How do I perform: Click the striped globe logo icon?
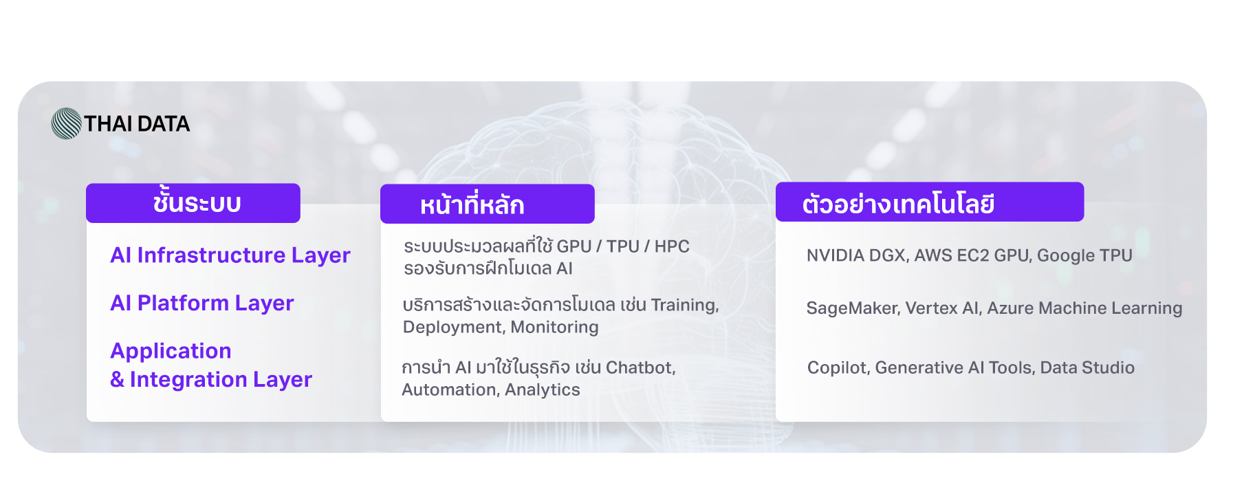[67, 124]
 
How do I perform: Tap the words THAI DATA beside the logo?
[137, 124]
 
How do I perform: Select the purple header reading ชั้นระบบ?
[193, 203]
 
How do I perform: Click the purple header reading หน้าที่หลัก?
[488, 204]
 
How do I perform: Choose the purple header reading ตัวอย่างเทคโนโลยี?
[930, 202]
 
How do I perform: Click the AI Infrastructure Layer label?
[230, 255]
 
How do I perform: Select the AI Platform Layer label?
[202, 303]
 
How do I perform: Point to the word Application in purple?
[171, 351]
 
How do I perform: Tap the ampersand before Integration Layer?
[117, 379]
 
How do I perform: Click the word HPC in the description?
[672, 246]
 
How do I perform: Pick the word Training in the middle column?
[685, 306]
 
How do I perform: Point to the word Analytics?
[542, 390]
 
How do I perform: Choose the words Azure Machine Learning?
[1084, 308]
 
